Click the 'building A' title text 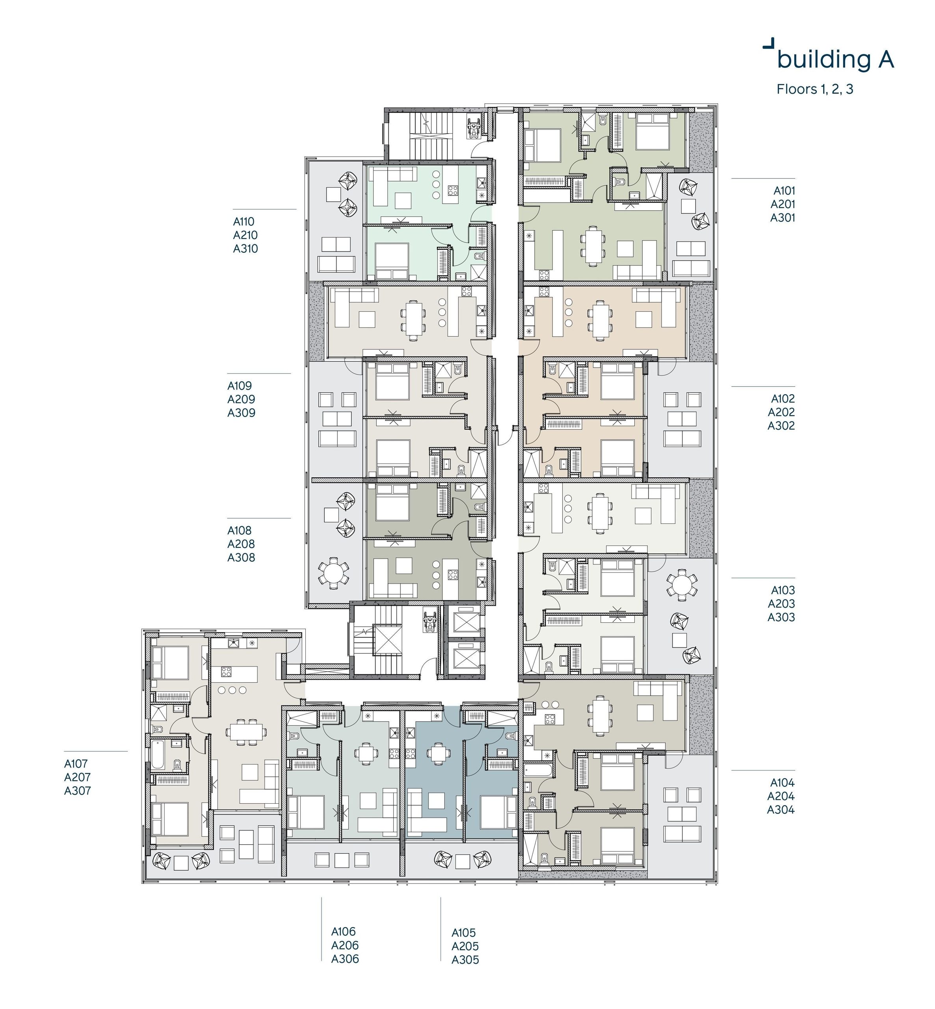pos(835,59)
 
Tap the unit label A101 pos(784,191)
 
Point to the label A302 pos(781,426)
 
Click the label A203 pos(781,604)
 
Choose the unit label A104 pos(782,783)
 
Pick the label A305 pos(465,959)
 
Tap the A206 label pos(345,945)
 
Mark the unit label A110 pos(244,221)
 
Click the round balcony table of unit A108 pos(333,573)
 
